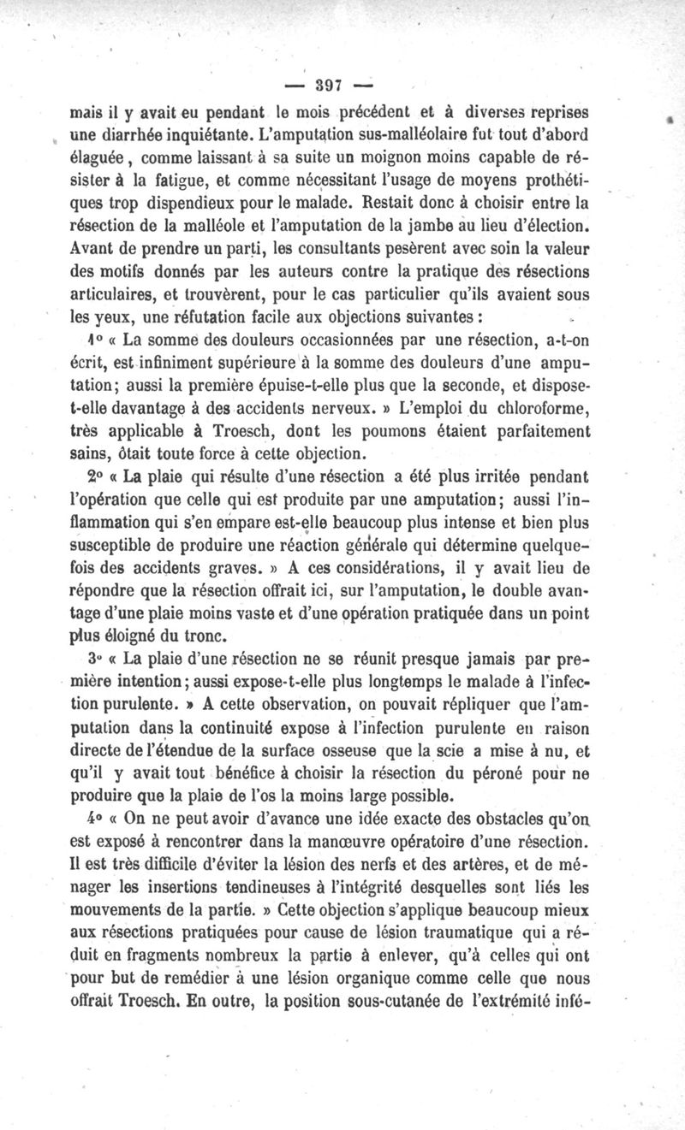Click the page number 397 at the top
click(329, 86)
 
